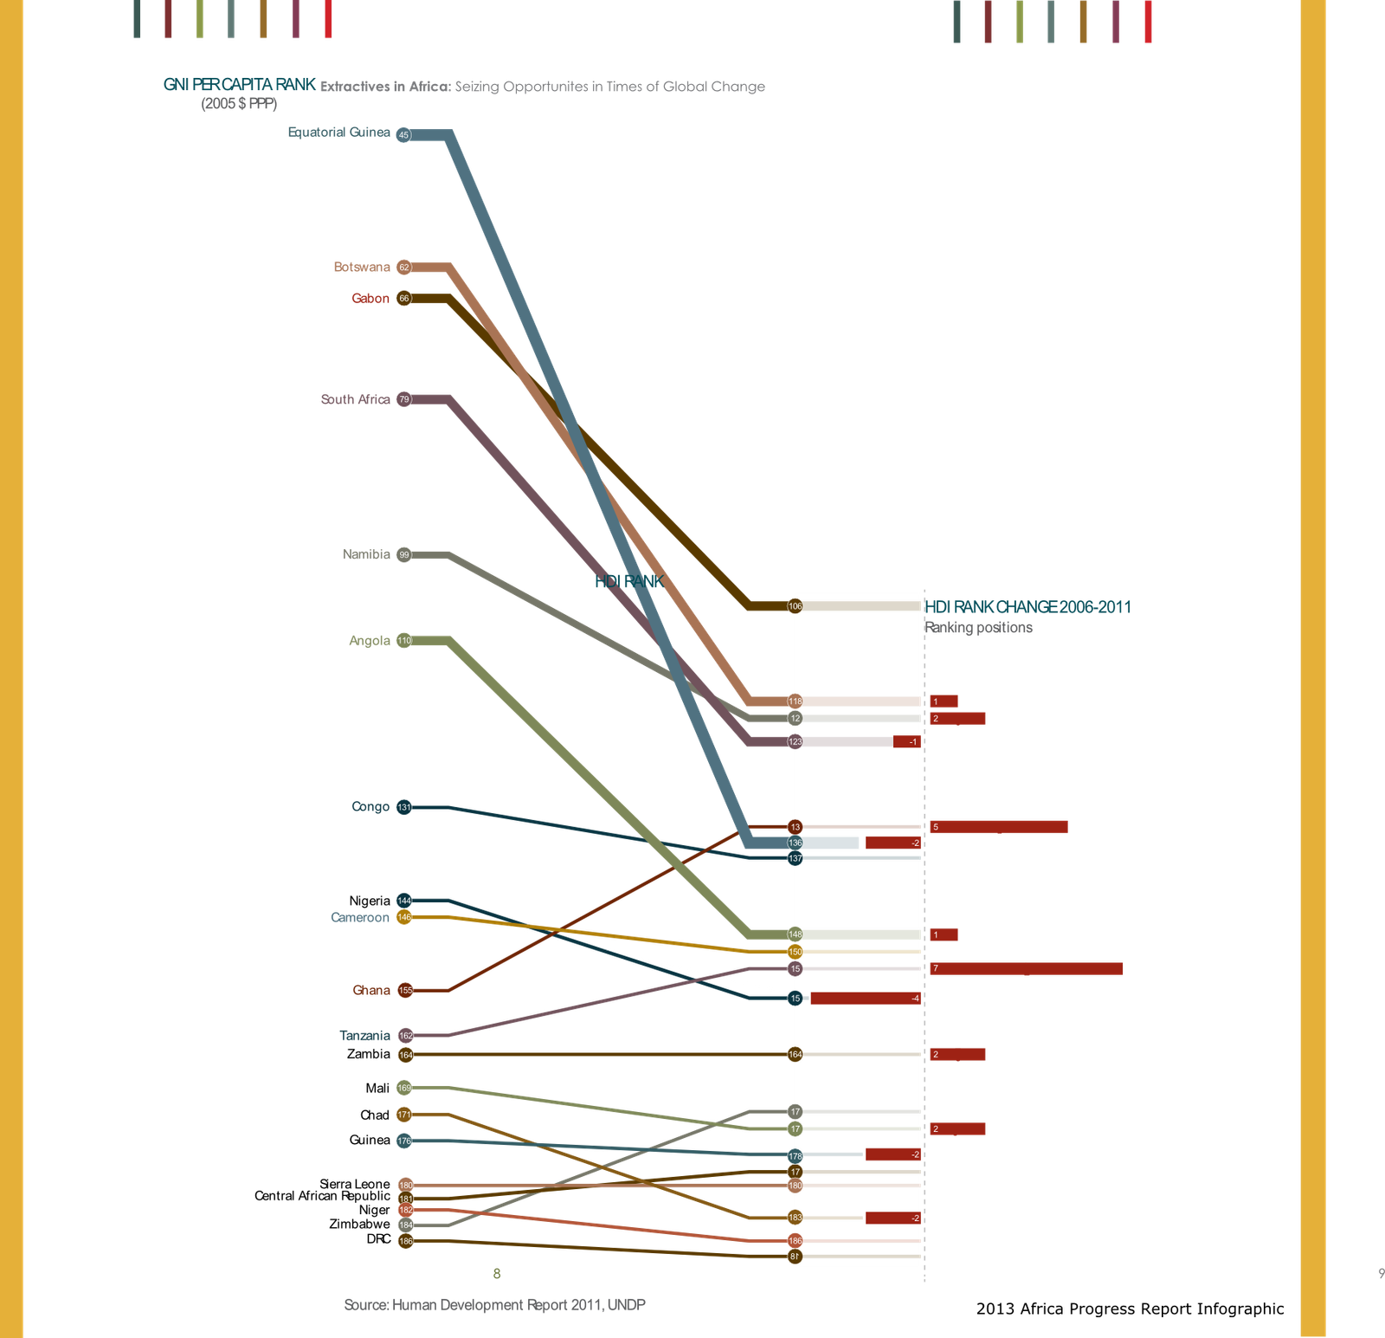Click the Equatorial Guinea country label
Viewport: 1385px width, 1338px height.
coord(338,133)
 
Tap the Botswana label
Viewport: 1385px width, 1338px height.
coord(362,267)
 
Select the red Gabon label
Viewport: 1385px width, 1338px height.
coord(370,298)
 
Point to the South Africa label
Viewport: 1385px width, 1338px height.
coord(355,399)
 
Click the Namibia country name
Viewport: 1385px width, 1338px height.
coord(366,554)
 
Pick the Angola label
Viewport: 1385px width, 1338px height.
coord(370,640)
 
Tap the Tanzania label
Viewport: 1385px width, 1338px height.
coord(364,1036)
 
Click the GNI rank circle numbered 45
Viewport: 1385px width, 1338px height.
coord(403,134)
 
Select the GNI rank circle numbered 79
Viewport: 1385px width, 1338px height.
coord(404,399)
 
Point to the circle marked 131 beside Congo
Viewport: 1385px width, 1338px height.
coord(404,807)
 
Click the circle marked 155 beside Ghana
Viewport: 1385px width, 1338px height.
coord(405,990)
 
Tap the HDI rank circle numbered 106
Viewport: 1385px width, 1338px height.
coord(796,606)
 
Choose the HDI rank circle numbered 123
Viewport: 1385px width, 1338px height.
coord(796,741)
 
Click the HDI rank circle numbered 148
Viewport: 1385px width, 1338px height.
coord(796,934)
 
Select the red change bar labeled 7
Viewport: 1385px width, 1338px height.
coord(1026,968)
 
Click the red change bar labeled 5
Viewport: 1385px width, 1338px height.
coord(998,827)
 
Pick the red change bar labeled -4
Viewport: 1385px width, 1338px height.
coord(866,999)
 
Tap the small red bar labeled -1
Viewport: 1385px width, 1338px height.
coord(907,741)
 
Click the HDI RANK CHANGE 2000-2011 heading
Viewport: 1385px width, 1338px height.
coord(1028,606)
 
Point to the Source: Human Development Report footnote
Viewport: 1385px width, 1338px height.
coord(494,1304)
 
